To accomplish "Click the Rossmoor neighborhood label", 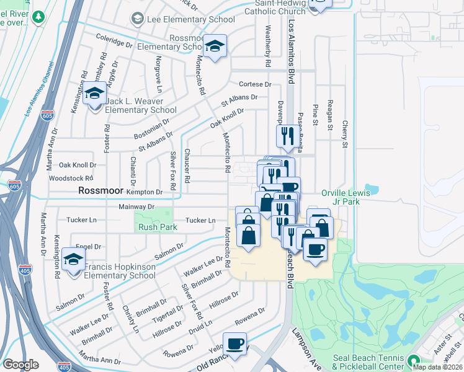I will pos(103,191).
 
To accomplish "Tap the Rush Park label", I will pos(158,228).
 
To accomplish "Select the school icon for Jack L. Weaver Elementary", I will pos(95,94).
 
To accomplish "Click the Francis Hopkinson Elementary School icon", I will pos(73,260).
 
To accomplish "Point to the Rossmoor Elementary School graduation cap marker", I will pos(215,46).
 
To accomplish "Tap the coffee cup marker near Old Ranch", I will pos(234,345).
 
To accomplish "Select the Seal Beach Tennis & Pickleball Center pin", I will pos(413,360).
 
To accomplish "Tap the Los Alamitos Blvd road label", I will pos(291,52).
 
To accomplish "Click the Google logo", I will pos(21,365).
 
